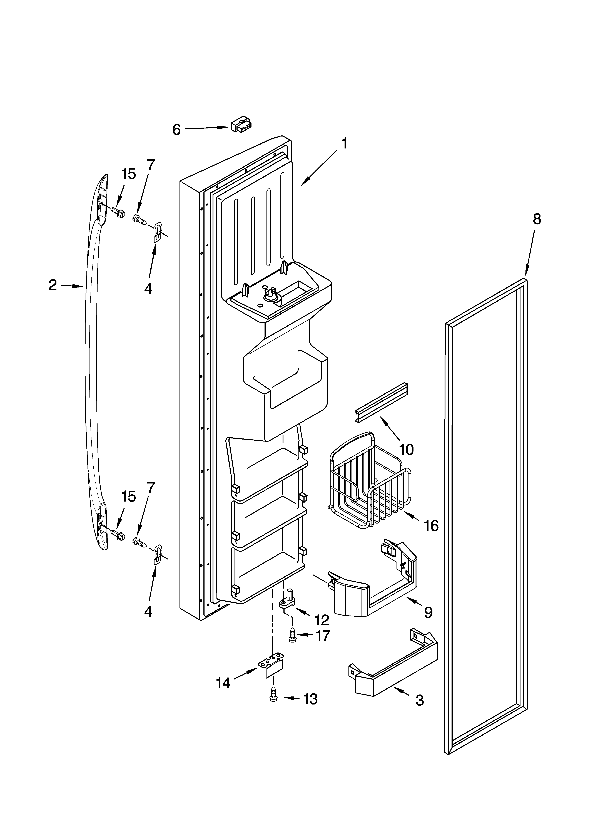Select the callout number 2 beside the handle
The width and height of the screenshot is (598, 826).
pos(53,285)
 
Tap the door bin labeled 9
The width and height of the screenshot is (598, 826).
pos(372,588)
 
